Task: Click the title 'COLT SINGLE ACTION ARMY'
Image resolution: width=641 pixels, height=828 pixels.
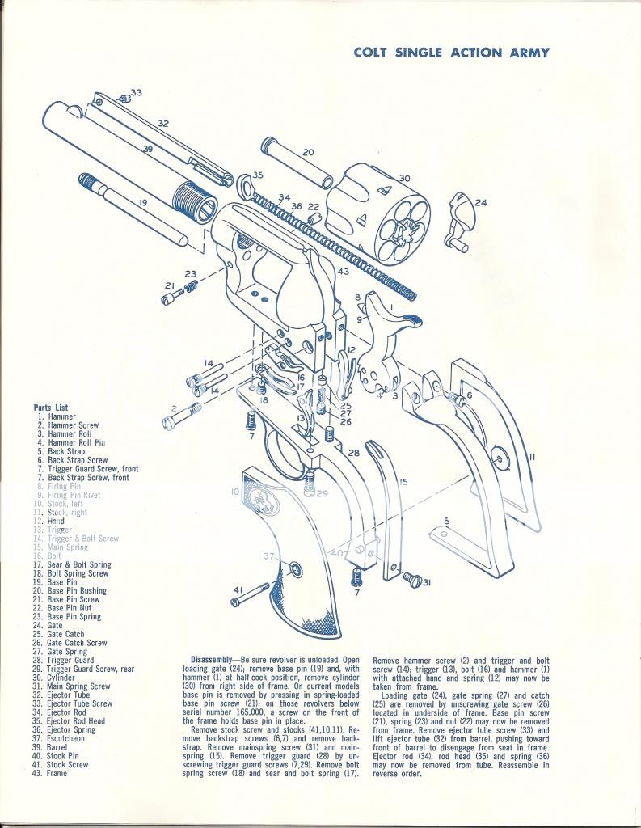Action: tap(452, 53)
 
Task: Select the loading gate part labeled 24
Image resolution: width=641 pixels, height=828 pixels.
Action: tap(458, 218)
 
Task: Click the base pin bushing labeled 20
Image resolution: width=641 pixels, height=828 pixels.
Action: tap(297, 162)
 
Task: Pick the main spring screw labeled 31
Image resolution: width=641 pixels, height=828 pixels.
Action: tap(413, 579)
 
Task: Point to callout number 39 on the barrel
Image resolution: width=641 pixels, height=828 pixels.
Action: tap(147, 150)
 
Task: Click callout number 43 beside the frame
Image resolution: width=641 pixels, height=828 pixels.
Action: tap(343, 272)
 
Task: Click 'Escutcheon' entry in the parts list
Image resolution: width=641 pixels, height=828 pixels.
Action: tap(67, 738)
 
